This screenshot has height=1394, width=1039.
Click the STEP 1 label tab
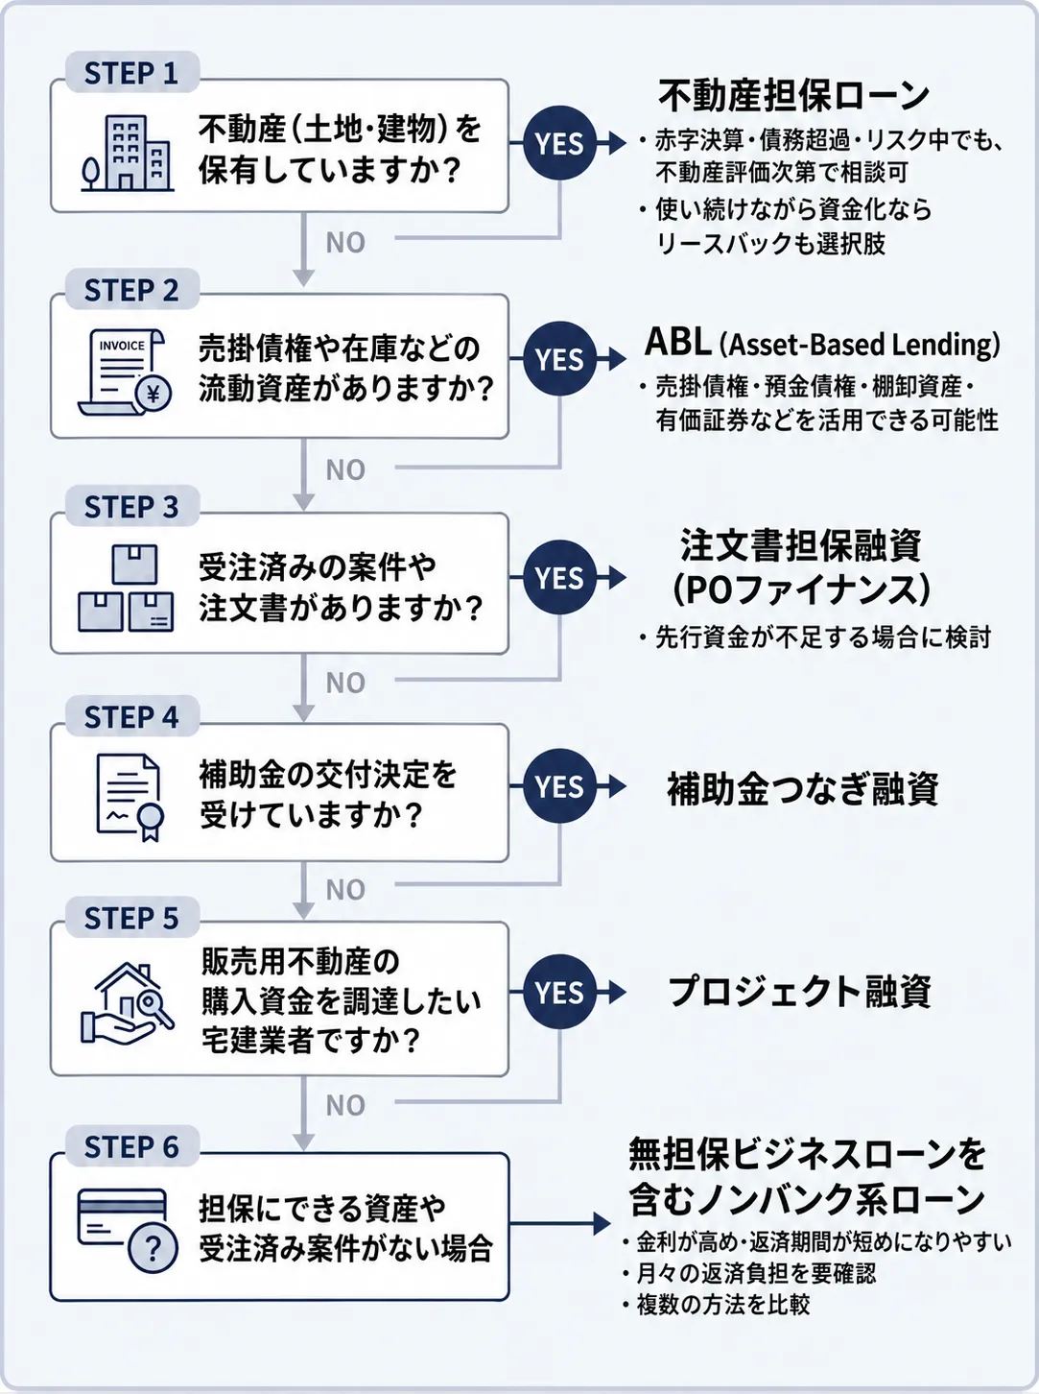click(132, 72)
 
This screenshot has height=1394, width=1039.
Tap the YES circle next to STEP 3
click(560, 577)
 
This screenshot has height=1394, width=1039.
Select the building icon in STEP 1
click(128, 153)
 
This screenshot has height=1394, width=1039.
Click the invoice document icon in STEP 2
click(125, 373)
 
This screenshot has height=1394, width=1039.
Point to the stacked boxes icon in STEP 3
click(126, 589)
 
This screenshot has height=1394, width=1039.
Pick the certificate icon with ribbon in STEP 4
click(130, 798)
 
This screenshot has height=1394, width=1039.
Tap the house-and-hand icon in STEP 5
click(127, 1003)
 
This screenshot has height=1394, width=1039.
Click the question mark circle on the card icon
click(153, 1248)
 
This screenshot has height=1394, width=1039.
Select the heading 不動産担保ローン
click(793, 96)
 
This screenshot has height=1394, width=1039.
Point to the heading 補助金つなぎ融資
click(802, 789)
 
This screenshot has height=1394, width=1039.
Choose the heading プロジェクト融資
click(800, 992)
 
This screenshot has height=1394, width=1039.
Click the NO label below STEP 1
click(345, 243)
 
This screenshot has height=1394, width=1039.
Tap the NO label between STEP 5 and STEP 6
click(345, 1106)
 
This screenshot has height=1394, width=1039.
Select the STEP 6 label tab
click(132, 1146)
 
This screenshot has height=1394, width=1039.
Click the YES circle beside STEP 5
click(560, 992)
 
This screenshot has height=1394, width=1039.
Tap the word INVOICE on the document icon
click(122, 346)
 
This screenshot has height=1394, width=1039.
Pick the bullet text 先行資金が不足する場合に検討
click(815, 637)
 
